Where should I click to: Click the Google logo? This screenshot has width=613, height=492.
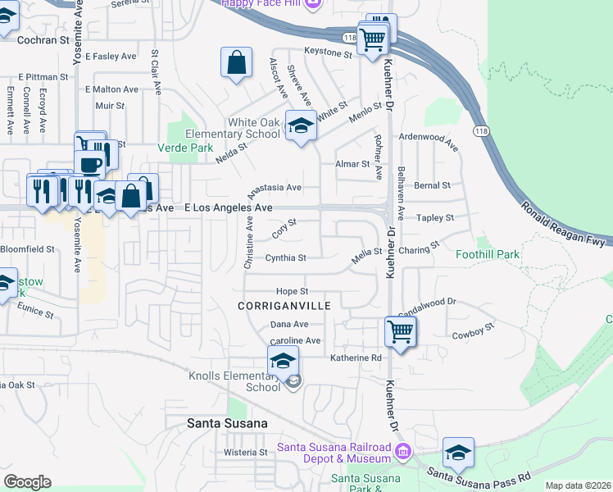[27, 482]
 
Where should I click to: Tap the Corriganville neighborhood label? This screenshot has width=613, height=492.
[284, 305]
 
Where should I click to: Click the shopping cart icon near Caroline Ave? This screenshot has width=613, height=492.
[401, 332]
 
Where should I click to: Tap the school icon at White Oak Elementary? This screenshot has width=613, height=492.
[301, 125]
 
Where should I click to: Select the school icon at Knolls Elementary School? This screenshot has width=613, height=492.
[283, 360]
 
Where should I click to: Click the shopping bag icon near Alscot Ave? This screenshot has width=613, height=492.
[236, 62]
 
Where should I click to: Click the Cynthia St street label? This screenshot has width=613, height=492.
[285, 258]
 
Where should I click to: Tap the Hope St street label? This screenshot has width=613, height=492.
[292, 291]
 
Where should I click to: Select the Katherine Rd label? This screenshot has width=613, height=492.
[356, 358]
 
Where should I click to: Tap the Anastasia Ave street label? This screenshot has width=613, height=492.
[275, 188]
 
